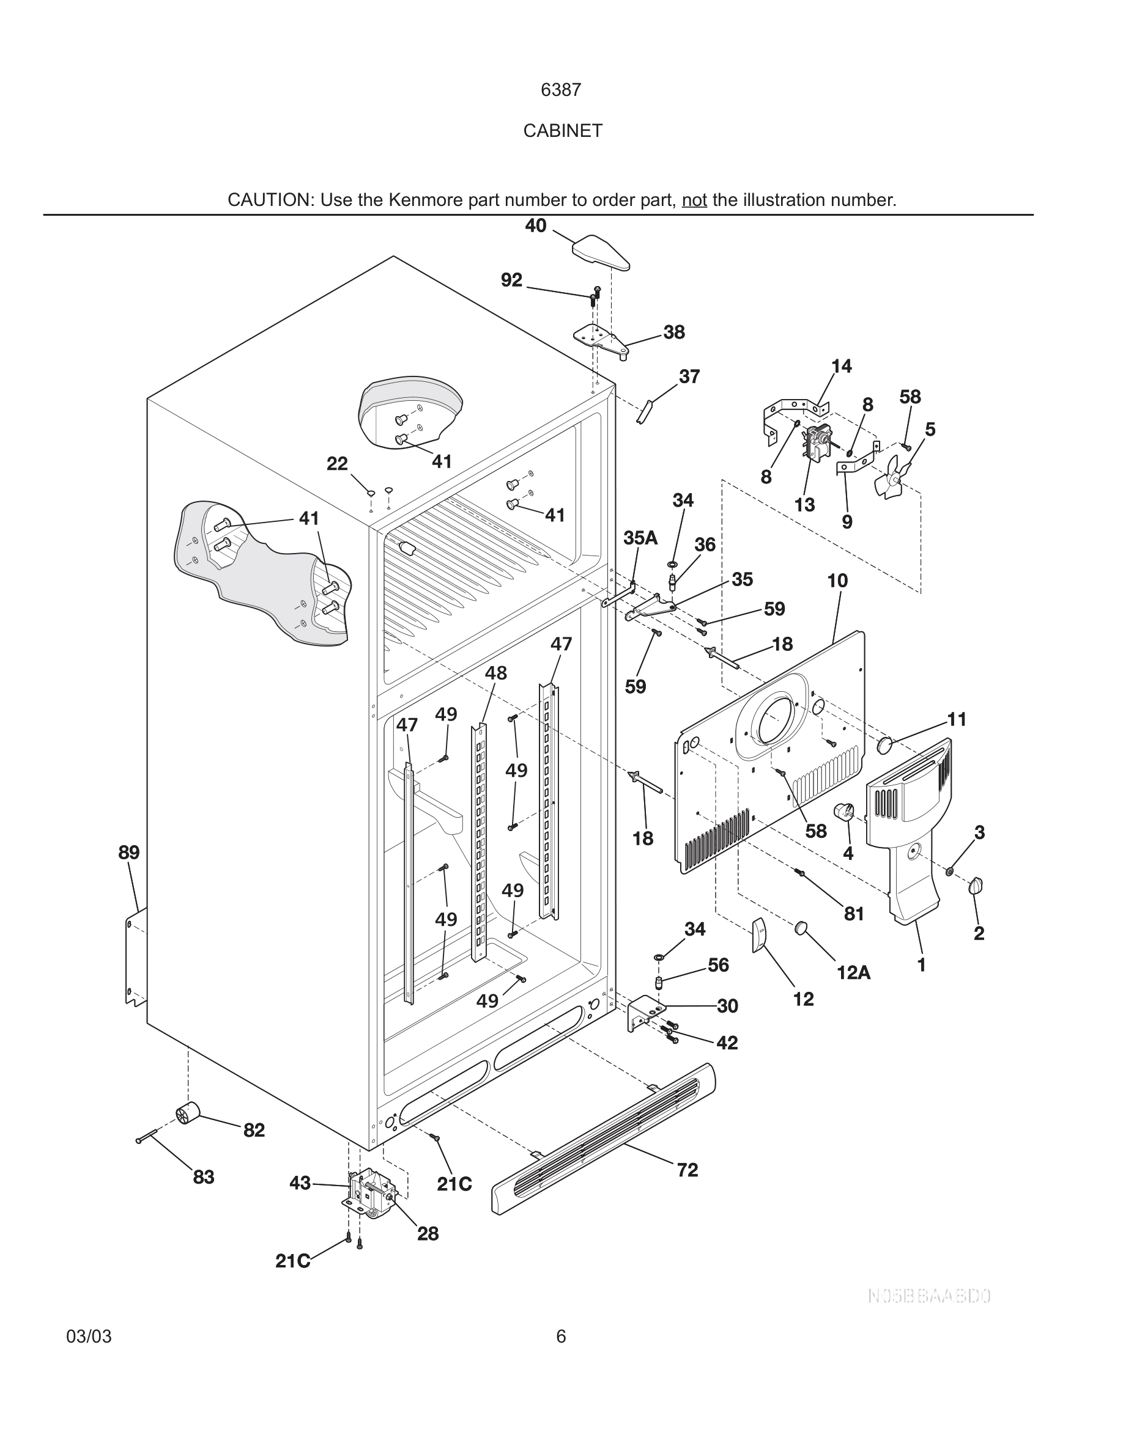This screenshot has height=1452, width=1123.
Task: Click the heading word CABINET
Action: coord(562,131)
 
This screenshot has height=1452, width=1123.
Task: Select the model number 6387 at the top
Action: coord(561,90)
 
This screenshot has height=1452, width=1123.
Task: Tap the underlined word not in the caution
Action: coord(694,200)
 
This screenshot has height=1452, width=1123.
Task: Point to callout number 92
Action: coord(511,280)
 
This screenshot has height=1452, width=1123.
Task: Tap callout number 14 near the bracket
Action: coord(841,366)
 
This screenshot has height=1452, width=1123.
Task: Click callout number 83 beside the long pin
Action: coord(204,1178)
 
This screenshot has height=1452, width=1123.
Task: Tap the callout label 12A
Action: coord(853,974)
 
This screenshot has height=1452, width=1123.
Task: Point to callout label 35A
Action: coord(639,538)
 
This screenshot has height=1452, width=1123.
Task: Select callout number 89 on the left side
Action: coord(129,853)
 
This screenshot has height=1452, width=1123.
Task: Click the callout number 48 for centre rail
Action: coord(495,673)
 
